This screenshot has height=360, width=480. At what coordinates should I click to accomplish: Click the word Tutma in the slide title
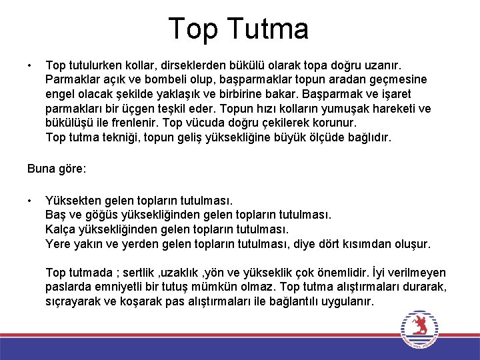(268, 29)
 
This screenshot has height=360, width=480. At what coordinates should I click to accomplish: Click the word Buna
(41, 169)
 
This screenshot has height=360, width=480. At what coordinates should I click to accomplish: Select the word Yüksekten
(73, 200)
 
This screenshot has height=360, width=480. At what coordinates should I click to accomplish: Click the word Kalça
(61, 229)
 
